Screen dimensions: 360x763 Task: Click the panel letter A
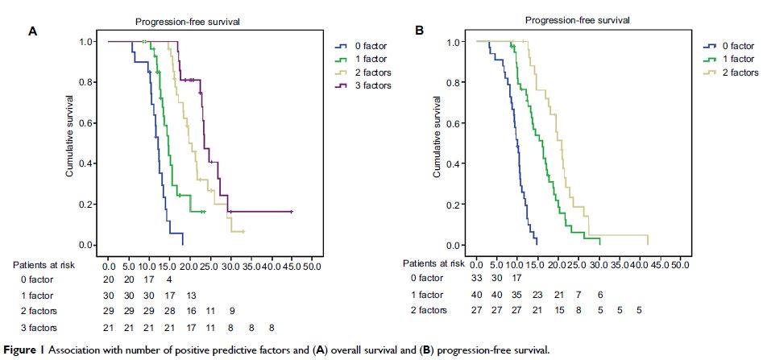pos(33,31)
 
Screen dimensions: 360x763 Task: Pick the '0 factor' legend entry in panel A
pos(367,46)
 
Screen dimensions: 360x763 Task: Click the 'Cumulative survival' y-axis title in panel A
pos(71,136)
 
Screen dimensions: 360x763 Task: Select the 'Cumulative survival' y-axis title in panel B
pos(437,136)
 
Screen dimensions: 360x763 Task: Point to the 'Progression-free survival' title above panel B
pos(577,19)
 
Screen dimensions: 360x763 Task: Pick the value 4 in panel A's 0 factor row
pos(169,279)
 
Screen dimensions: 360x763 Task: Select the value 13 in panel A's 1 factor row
pos(190,296)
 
